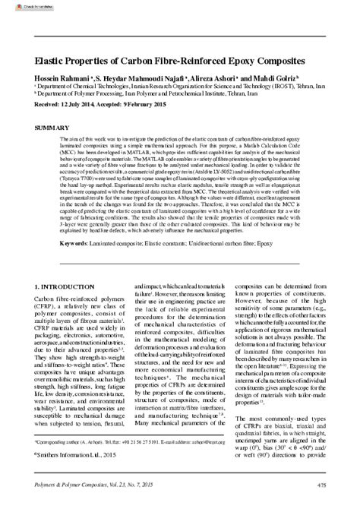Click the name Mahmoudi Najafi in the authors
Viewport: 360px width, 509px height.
click(x=151, y=78)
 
